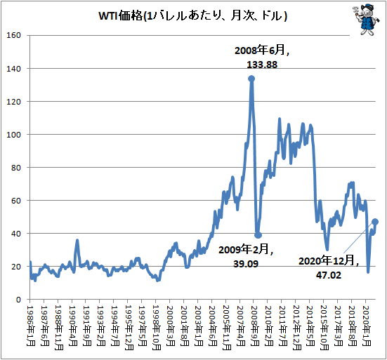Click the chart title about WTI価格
tap(192, 16)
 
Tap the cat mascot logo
tap(366, 19)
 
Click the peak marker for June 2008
tap(251, 79)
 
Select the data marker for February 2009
tap(258, 235)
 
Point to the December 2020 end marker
tap(375, 222)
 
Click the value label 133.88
tap(262, 65)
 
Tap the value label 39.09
tap(246, 264)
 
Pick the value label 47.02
tap(329, 275)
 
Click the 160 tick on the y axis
tap(13, 35)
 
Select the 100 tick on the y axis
tap(13, 135)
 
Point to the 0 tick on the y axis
tap(18, 300)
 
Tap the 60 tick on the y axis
tap(16, 201)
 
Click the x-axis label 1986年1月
tap(31, 326)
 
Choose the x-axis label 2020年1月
tap(366, 326)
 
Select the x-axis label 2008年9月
tap(254, 326)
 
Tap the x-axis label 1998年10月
tap(157, 328)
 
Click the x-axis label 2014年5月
tap(310, 326)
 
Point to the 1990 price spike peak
tap(77, 240)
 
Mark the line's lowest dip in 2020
tap(368, 272)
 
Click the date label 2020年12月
tap(328, 261)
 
